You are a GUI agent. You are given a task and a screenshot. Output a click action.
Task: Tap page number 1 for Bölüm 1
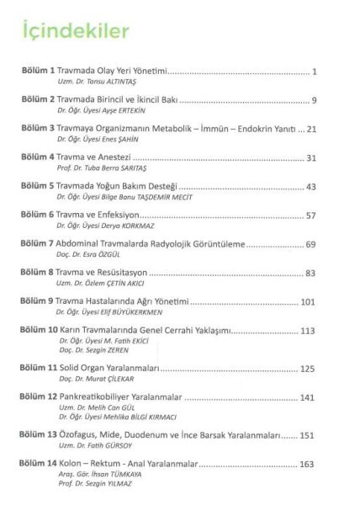(x=313, y=72)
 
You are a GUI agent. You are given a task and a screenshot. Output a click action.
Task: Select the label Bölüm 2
(x=38, y=100)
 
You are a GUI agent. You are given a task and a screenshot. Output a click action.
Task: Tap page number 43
(x=310, y=186)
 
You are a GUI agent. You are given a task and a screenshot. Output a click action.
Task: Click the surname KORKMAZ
(x=130, y=225)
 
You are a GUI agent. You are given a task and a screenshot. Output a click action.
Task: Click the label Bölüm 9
(x=38, y=300)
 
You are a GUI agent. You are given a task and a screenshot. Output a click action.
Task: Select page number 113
(x=308, y=329)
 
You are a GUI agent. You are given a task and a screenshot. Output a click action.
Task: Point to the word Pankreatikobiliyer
(x=99, y=396)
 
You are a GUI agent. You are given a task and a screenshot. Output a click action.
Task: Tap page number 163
(x=308, y=464)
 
